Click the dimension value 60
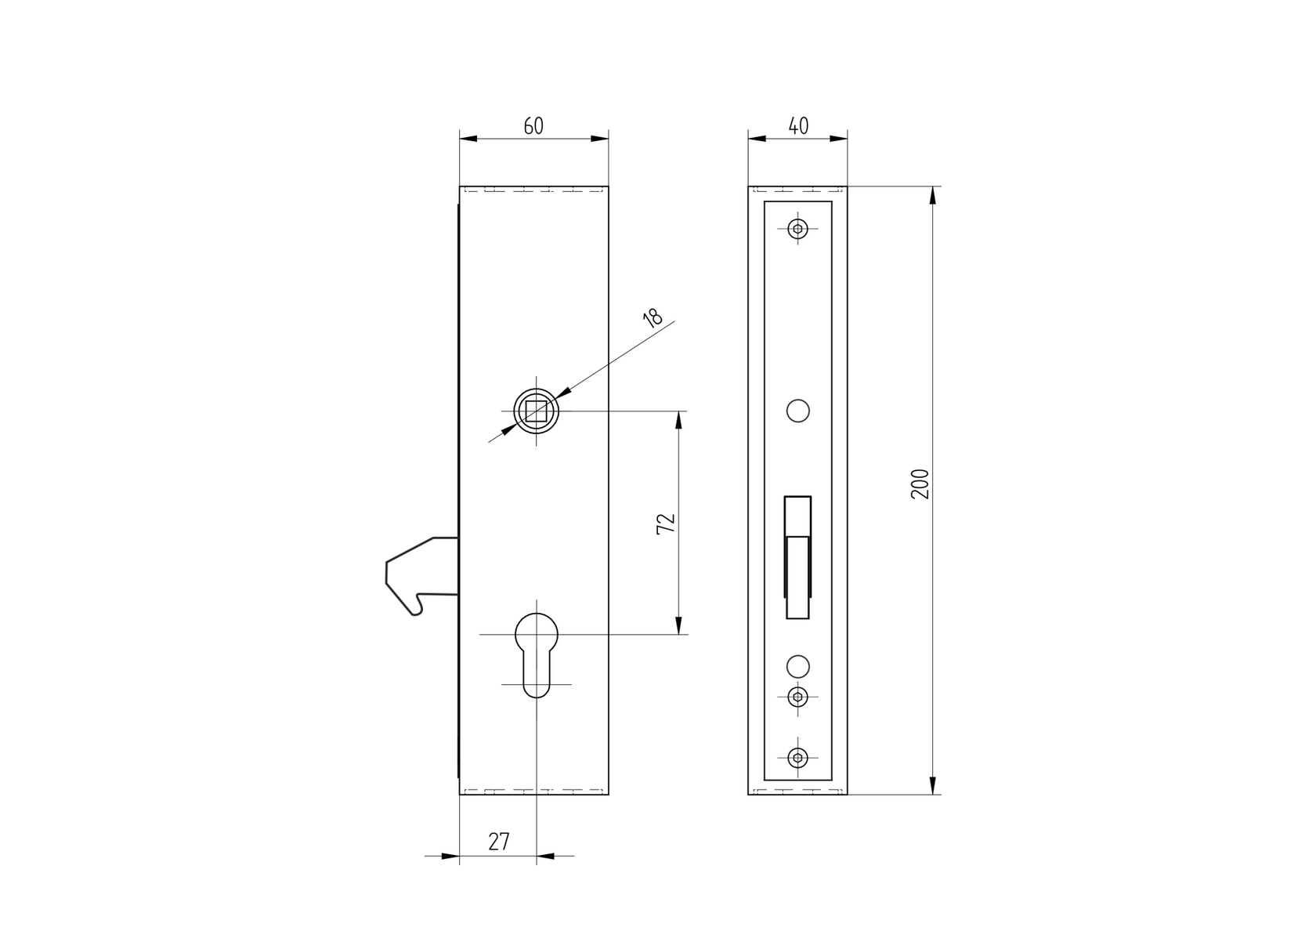pyautogui.click(x=533, y=125)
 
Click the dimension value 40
pyautogui.click(x=797, y=125)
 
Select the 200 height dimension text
pyautogui.click(x=920, y=484)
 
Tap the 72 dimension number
pyautogui.click(x=665, y=524)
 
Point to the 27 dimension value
pyautogui.click(x=499, y=842)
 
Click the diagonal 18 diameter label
pyautogui.click(x=652, y=317)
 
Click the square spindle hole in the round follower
pyautogui.click(x=537, y=411)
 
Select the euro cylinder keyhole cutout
pyautogui.click(x=537, y=654)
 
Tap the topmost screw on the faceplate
pyautogui.click(x=797, y=229)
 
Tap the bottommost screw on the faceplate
pyautogui.click(x=797, y=757)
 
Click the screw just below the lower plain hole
pyautogui.click(x=797, y=697)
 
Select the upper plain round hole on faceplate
pyautogui.click(x=797, y=411)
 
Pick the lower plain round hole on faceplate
pyautogui.click(x=797, y=665)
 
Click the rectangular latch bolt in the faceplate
pyautogui.click(x=797, y=557)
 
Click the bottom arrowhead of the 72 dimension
pyautogui.click(x=678, y=625)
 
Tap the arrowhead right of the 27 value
pyautogui.click(x=546, y=856)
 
